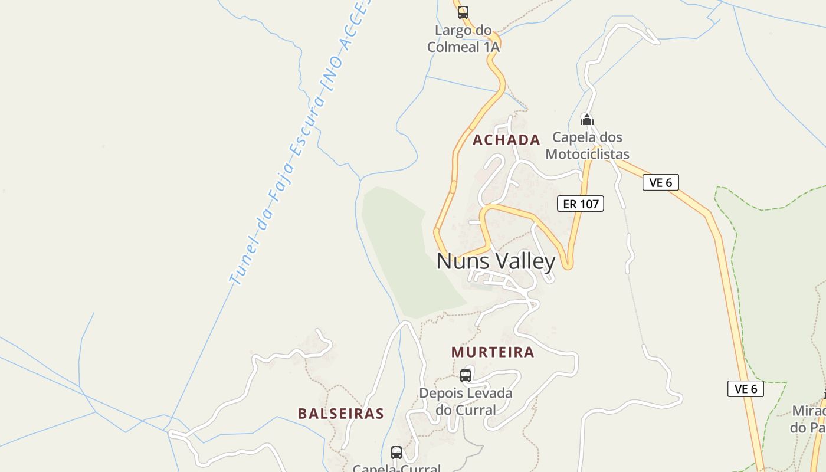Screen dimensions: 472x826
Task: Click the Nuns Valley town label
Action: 496,261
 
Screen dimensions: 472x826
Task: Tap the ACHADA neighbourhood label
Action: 506,140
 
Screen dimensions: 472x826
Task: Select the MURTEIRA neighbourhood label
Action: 493,352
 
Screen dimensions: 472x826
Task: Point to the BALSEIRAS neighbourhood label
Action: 340,414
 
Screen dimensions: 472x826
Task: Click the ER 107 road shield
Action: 581,204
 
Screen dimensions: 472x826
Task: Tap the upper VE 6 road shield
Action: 660,183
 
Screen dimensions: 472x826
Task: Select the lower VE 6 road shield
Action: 745,389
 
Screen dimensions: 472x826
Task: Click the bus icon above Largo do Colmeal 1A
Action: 463,12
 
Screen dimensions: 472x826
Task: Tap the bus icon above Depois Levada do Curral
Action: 466,376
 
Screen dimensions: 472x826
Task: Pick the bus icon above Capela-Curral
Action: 396,453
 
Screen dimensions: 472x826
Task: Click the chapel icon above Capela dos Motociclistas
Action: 586,120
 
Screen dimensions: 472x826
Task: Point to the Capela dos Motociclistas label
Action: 587,146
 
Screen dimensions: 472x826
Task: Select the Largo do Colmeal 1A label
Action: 463,39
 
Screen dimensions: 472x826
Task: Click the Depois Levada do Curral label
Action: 466,401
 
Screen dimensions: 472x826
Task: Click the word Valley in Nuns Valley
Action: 525,261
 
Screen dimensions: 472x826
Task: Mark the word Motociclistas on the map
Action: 587,155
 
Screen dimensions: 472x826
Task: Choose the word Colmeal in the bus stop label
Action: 454,47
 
